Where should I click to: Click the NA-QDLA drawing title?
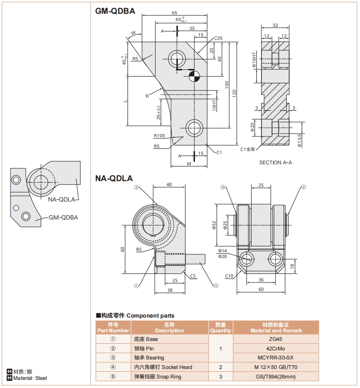tap(114, 179)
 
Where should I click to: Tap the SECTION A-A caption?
tap(275, 163)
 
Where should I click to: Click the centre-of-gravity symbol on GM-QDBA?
tap(193, 75)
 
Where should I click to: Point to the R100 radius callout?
tap(159, 136)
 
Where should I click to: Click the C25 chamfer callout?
tap(218, 38)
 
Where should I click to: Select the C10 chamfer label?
tap(229, 276)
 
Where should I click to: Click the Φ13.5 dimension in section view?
tap(299, 141)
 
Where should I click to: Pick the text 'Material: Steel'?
tap(30, 378)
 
